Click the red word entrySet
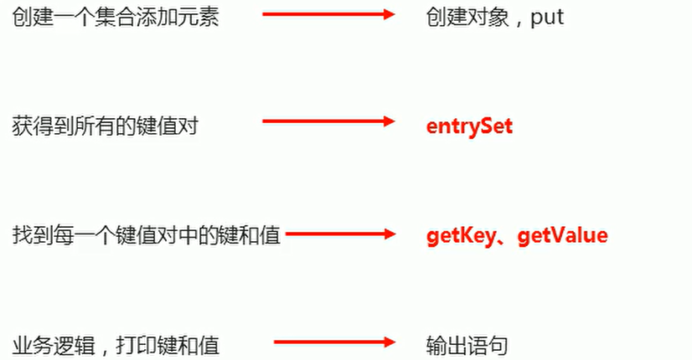469,126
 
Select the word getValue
562,235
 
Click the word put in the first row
547,18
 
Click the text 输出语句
467,345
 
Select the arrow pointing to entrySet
328,121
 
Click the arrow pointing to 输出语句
333,342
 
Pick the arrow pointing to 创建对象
328,14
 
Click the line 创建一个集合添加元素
116,18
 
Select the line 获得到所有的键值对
106,126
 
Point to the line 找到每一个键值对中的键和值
147,235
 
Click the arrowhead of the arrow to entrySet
389,121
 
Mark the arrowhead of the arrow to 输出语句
389,342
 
